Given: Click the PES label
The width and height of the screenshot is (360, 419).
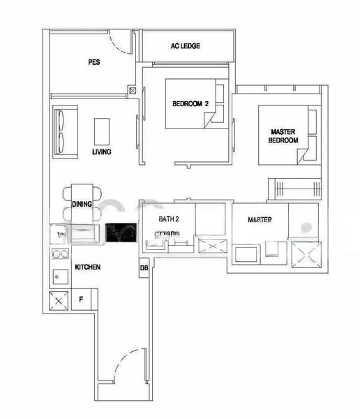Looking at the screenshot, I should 94,62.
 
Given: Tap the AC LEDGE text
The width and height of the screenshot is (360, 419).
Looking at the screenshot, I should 185,46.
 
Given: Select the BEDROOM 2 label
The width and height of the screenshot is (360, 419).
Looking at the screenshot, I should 190,105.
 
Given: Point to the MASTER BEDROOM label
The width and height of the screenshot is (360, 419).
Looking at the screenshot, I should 283,135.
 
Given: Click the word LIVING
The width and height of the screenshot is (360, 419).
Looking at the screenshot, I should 102,152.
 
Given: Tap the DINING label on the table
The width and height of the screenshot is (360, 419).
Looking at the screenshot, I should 82,205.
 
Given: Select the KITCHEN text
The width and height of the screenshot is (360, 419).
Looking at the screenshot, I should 88,267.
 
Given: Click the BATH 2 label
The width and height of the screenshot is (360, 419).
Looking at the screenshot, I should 168,219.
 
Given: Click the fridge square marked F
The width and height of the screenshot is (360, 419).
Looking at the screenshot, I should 81,300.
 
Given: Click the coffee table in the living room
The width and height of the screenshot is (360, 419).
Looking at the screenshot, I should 102,130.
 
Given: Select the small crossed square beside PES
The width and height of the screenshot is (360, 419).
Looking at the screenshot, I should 133,90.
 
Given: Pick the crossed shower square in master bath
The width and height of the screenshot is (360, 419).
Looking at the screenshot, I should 305,253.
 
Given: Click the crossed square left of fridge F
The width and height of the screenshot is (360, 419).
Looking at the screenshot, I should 58,300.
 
